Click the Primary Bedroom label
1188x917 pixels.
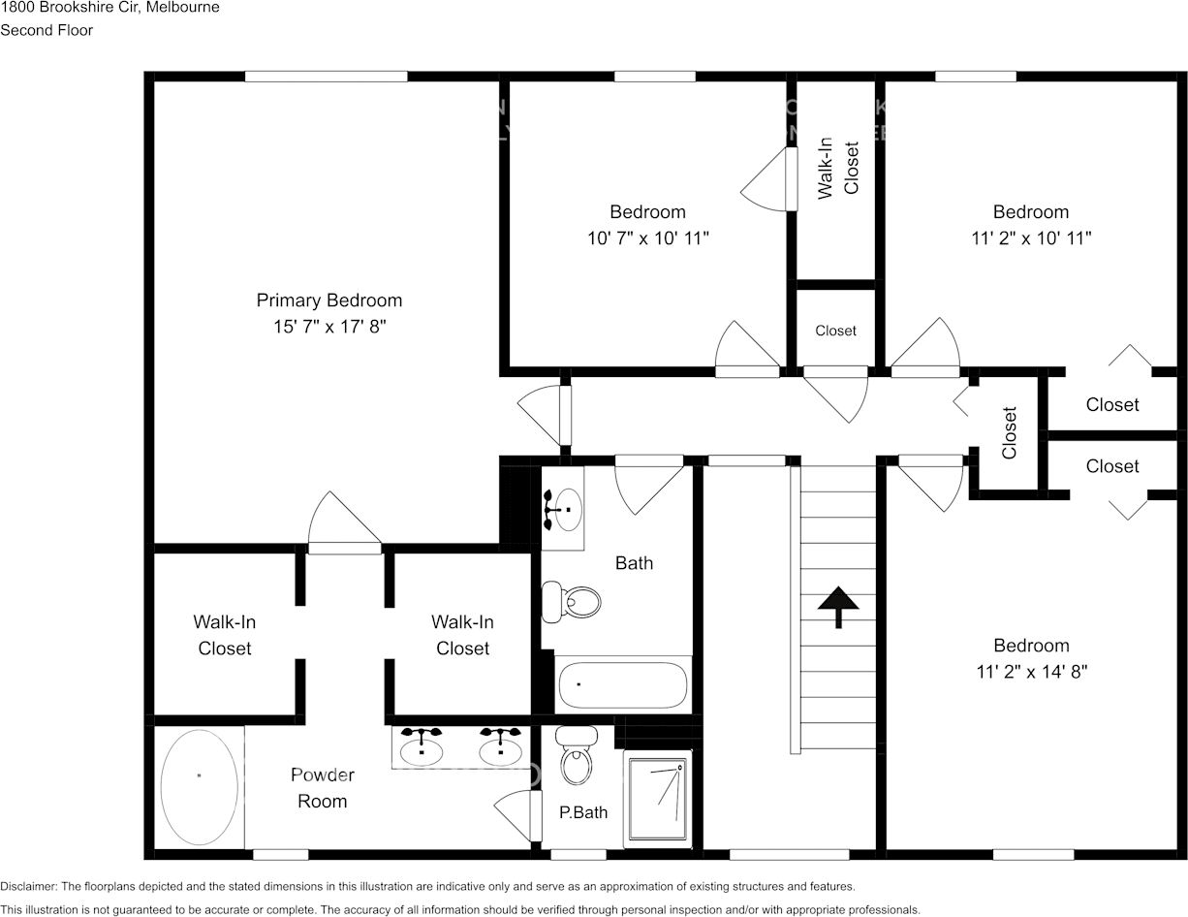tap(328, 300)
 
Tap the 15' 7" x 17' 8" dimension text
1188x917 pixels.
tap(328, 328)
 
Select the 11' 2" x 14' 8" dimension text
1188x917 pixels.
tap(1031, 672)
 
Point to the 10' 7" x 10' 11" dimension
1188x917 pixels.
tap(648, 238)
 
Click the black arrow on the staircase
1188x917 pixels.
tap(838, 607)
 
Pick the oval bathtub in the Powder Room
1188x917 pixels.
tap(199, 786)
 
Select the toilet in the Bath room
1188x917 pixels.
tap(572, 601)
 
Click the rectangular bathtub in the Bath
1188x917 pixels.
tap(622, 685)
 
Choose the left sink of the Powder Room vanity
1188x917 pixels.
tap(422, 747)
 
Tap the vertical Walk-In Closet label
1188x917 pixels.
tap(838, 170)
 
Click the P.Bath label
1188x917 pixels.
tap(583, 812)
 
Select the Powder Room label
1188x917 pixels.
tap(322, 788)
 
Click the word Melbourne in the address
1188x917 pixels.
tap(184, 8)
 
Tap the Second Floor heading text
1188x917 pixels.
tap(47, 30)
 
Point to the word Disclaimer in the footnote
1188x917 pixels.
tap(28, 887)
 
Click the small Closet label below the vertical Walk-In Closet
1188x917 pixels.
tap(835, 331)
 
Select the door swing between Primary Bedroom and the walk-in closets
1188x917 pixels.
tap(343, 523)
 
